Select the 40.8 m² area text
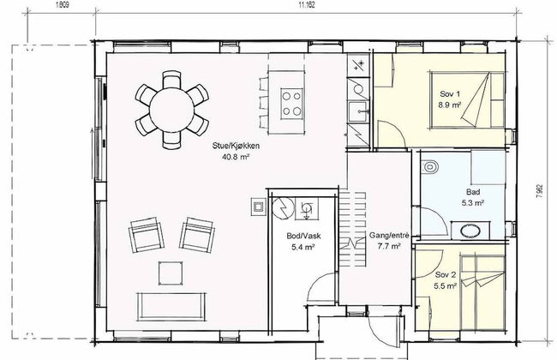click(x=236, y=158)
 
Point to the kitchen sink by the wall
click(x=356, y=110)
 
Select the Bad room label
click(x=472, y=192)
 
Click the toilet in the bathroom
click(x=431, y=169)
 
